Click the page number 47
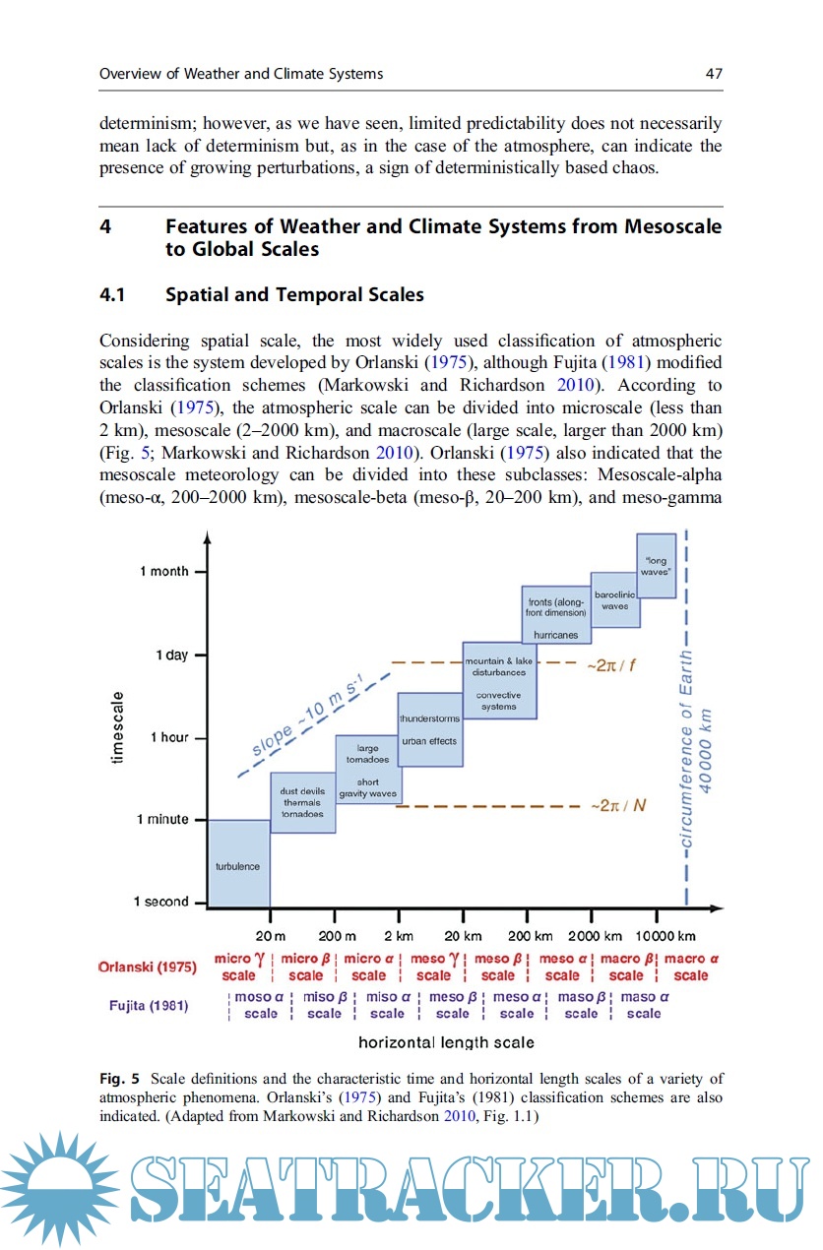coord(714,74)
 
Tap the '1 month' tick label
coord(163,571)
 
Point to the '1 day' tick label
coord(171,655)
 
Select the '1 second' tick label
coord(160,902)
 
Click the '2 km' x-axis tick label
coord(399,935)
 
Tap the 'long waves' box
coord(656,566)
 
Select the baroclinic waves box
coord(615,599)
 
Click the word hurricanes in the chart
coord(555,635)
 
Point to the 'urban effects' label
coord(430,741)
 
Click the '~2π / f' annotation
coord(611,664)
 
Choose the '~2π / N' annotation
coord(618,805)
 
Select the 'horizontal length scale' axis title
coord(446,1041)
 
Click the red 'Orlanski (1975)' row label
coord(147,967)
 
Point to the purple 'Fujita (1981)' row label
coord(149,1005)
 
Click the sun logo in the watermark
coord(56,1190)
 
